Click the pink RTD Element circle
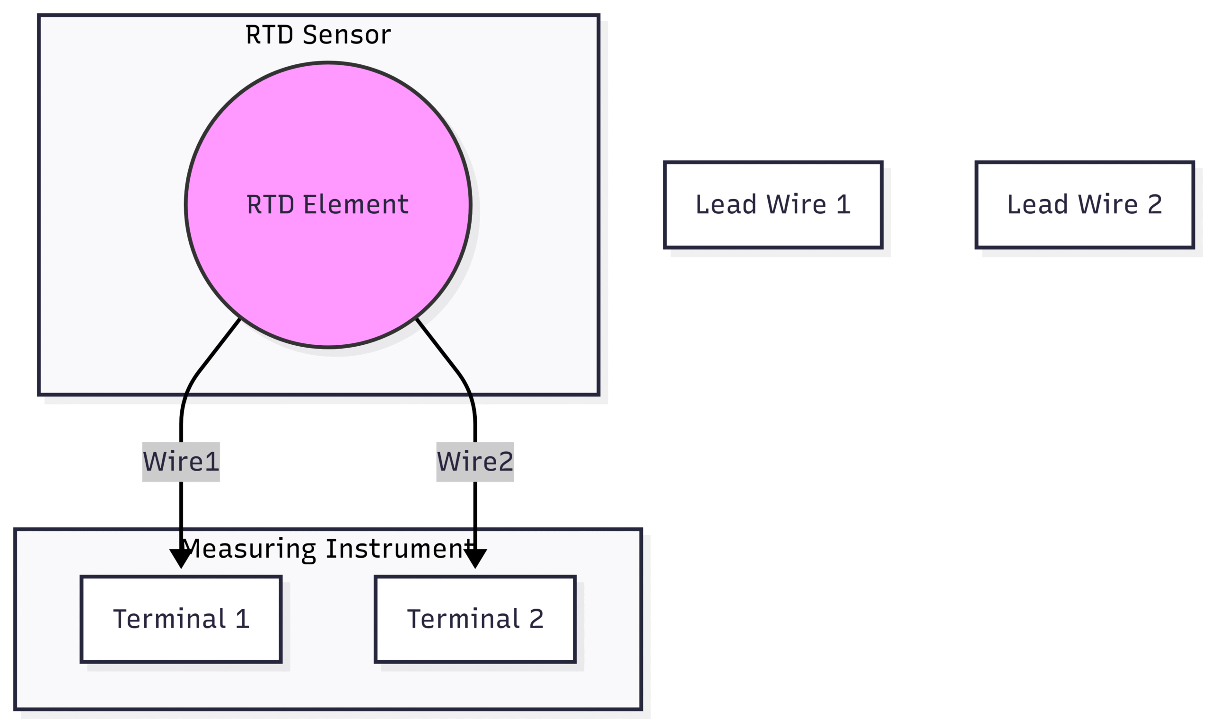pos(328,204)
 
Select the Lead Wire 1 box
pos(772,204)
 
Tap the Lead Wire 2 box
pos(1084,204)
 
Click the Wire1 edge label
pos(181,462)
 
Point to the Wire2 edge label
pos(474,462)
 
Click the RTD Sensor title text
pos(318,35)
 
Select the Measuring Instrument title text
pos(328,549)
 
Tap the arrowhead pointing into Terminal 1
pos(181,558)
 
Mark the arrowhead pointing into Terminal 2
pos(474,558)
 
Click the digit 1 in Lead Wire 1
pos(843,204)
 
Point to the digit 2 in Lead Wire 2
pos(1155,204)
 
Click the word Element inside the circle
pos(356,204)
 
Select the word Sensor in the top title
pos(347,35)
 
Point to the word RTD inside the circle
pos(271,204)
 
